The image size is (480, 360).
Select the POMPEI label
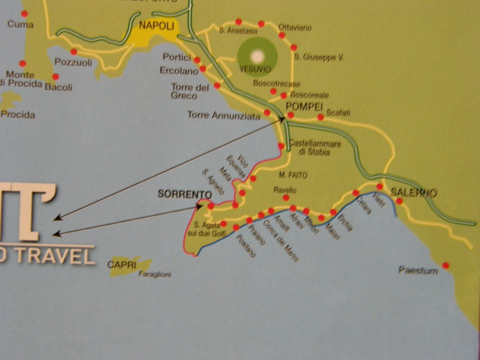tap(304, 106)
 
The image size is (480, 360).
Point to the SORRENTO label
tap(185, 194)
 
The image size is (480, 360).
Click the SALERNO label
tap(414, 193)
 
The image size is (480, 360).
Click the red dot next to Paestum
tap(445, 265)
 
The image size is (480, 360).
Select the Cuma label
tap(21, 25)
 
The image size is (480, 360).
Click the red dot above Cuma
tap(24, 13)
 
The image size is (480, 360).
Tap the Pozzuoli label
tap(73, 62)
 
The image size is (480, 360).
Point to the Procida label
tap(18, 114)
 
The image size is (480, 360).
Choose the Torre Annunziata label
tap(223, 116)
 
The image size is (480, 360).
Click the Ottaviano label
tap(295, 28)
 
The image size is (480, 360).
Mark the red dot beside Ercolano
tap(203, 69)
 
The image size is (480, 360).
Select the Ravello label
tap(285, 190)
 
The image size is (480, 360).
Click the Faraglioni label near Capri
tap(155, 274)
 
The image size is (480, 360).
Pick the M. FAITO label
tap(293, 175)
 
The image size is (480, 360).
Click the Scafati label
tap(338, 112)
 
